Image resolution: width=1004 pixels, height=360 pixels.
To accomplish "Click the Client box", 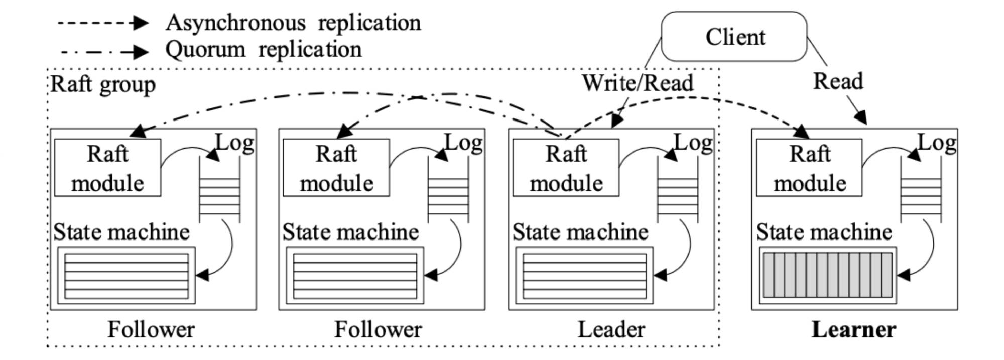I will [734, 37].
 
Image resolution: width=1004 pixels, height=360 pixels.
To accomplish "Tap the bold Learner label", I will [854, 330].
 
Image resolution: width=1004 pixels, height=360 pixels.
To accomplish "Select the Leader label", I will [611, 330].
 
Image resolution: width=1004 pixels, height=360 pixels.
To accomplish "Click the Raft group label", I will [103, 84].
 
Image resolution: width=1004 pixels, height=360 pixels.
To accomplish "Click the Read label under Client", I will [838, 81].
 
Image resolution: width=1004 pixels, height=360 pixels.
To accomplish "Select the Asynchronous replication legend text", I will [293, 23].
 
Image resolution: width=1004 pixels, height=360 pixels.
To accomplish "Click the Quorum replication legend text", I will [264, 49].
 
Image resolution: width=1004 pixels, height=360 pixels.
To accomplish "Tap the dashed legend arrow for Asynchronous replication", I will [103, 23].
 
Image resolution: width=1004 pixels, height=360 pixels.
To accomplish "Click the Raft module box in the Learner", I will [809, 168].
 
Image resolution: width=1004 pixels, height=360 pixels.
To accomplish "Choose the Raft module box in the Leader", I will [565, 168].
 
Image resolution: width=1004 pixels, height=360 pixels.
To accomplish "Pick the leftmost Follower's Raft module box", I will [107, 168].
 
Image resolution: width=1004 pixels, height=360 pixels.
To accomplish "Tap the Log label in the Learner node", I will [936, 143].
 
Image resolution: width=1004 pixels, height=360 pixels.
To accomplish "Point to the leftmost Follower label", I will [151, 330].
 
